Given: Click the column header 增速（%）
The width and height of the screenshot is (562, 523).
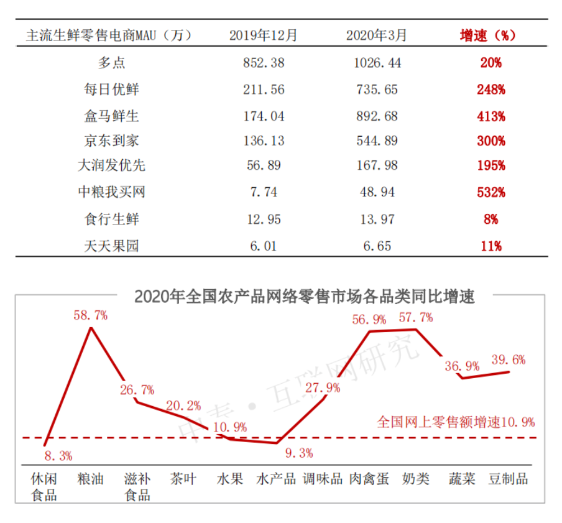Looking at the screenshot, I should point(487,35).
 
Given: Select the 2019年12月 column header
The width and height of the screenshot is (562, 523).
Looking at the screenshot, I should point(264,35).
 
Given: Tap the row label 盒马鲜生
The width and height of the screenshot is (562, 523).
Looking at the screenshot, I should point(112,116).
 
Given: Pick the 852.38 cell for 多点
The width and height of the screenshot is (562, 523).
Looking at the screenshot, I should point(264,63).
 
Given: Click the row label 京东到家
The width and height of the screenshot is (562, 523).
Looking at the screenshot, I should point(112,141).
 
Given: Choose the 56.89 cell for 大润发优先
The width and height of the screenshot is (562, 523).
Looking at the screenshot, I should point(264,166).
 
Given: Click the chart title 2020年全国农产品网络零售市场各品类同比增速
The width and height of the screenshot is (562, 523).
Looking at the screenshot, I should point(305,297).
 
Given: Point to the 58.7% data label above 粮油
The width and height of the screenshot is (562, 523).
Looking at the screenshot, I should point(90,315).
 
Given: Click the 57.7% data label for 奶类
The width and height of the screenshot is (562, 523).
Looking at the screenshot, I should point(416,317).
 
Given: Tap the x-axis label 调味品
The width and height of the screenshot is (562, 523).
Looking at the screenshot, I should point(323,479).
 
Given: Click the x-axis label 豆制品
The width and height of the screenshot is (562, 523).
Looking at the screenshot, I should point(508,479).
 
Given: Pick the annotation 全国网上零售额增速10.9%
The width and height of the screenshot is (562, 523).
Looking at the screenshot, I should point(456,422).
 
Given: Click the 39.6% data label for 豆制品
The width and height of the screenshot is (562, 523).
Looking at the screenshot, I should point(508,359).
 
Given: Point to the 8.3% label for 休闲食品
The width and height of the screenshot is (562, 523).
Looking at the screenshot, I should point(58,456).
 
